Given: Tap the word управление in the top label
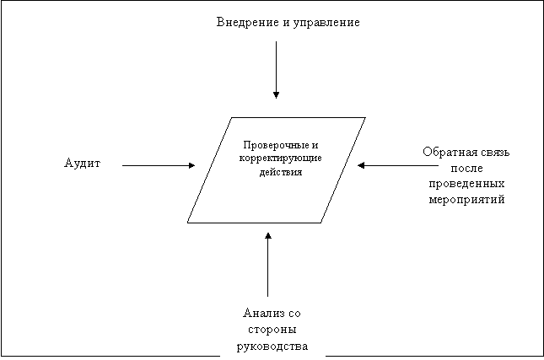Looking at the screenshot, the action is click(326, 23).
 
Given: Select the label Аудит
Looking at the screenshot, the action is click(82, 164).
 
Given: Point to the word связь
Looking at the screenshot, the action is click(493, 153).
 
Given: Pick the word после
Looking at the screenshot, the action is click(466, 168).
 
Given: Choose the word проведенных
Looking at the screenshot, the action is click(466, 184).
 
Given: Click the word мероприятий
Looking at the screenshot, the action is click(466, 200).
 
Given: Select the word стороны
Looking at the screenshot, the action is click(272, 329).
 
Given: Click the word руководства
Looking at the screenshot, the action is click(272, 347).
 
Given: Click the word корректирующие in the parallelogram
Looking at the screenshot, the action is click(280, 159).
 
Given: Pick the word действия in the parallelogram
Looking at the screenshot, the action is click(281, 172).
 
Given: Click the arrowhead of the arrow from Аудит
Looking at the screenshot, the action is click(191, 165).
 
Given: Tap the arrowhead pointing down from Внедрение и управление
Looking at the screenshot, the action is click(276, 95).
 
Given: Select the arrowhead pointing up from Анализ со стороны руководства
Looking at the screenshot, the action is click(268, 236).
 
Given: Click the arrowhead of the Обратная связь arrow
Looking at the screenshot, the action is click(361, 165).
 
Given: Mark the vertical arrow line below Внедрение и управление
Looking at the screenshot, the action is click(276, 70).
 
